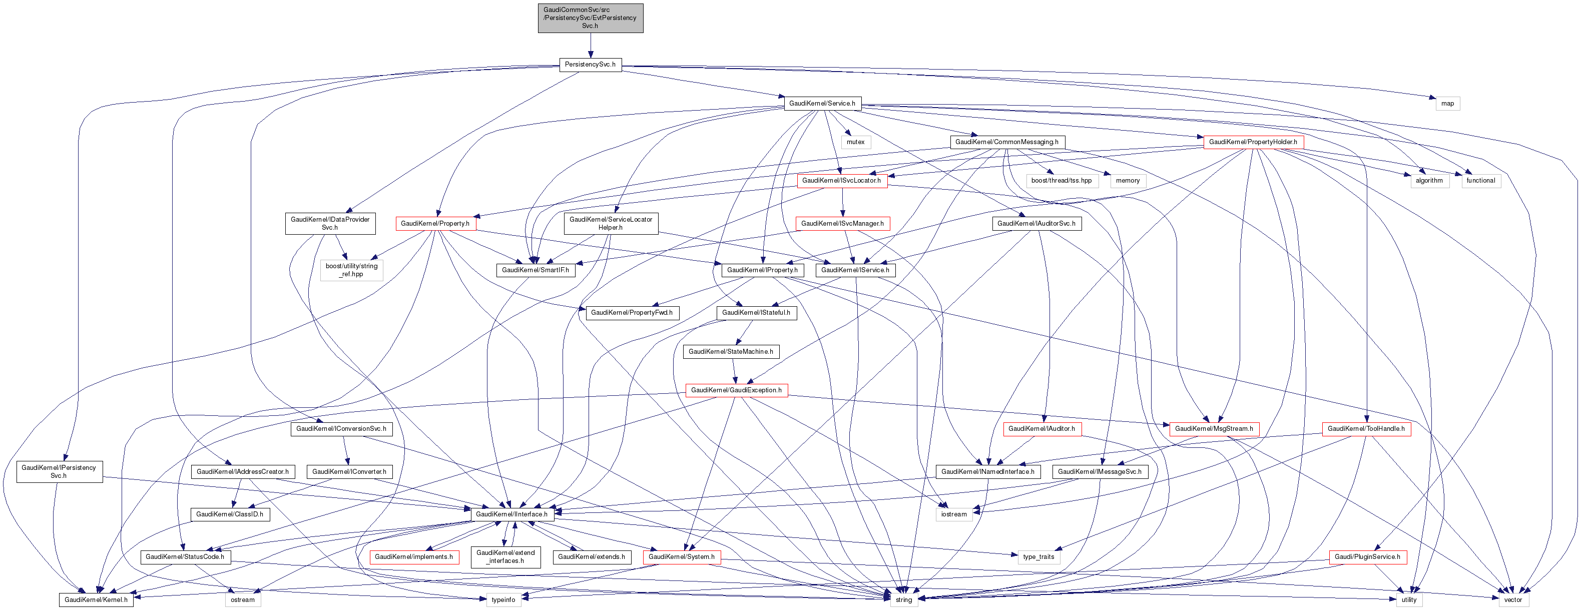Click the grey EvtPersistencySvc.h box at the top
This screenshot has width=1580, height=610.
pyautogui.click(x=590, y=18)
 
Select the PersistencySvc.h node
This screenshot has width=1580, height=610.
pyautogui.click(x=590, y=65)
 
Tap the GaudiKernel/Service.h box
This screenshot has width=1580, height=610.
pyautogui.click(x=822, y=103)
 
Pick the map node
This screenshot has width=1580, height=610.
pyautogui.click(x=1447, y=103)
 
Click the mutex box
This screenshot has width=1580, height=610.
pyautogui.click(x=856, y=142)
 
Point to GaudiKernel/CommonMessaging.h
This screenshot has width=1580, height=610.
pyautogui.click(x=1006, y=142)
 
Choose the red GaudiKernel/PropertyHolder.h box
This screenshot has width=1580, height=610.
pyautogui.click(x=1253, y=142)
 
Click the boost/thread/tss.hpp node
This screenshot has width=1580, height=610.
pyautogui.click(x=1061, y=180)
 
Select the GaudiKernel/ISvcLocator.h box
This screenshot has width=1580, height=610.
pyautogui.click(x=841, y=180)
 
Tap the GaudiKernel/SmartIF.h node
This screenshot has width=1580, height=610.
pyautogui.click(x=535, y=270)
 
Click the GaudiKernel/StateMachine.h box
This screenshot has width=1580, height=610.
pyautogui.click(x=731, y=351)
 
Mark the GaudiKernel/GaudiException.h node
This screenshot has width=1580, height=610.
pyautogui.click(x=736, y=390)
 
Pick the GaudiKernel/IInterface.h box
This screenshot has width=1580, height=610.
pyautogui.click(x=511, y=514)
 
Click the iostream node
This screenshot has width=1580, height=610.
pyautogui.click(x=954, y=514)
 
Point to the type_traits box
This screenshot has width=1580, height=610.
pyautogui.click(x=1038, y=556)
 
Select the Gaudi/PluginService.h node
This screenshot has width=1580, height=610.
pyautogui.click(x=1367, y=556)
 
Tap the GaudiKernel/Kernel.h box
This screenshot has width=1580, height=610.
pyautogui.click(x=96, y=599)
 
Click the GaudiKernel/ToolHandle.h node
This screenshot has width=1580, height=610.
pyautogui.click(x=1366, y=428)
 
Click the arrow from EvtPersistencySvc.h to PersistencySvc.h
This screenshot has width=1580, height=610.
pyautogui.click(x=590, y=46)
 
